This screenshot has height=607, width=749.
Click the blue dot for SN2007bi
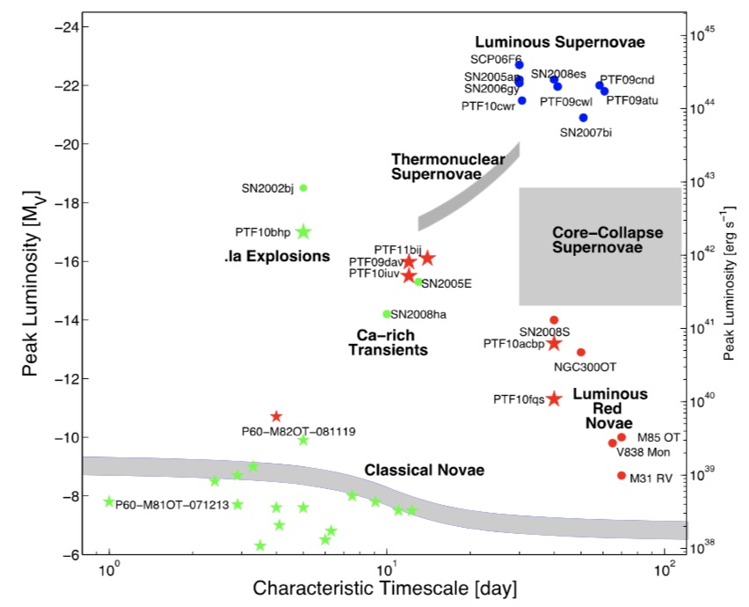pyautogui.click(x=583, y=118)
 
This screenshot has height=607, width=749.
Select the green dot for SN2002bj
pyautogui.click(x=303, y=187)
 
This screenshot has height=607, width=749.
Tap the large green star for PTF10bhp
pyautogui.click(x=303, y=231)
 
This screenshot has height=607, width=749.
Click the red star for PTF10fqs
pyautogui.click(x=554, y=399)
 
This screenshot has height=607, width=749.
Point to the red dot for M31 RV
pyautogui.click(x=622, y=475)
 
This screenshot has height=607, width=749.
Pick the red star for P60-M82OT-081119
pyautogui.click(x=276, y=416)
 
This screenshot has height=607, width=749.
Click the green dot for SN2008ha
pyautogui.click(x=386, y=314)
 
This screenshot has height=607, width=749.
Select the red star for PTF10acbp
pyautogui.click(x=554, y=343)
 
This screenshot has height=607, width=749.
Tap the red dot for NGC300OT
pyautogui.click(x=581, y=352)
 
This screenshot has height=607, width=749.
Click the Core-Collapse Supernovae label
pyautogui.click(x=607, y=238)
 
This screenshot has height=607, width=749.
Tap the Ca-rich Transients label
pyautogui.click(x=386, y=342)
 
